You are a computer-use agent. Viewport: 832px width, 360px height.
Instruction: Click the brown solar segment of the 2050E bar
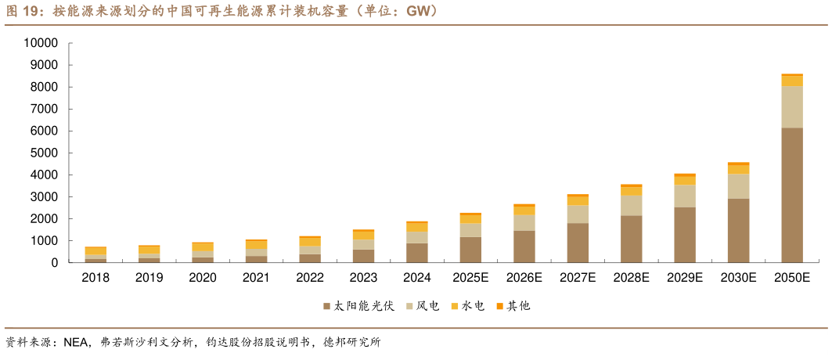[792, 195]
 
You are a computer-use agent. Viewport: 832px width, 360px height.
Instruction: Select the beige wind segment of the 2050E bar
[792, 106]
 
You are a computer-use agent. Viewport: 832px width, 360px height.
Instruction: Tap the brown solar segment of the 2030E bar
[738, 231]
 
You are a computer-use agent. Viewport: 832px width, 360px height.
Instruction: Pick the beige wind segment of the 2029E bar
[685, 196]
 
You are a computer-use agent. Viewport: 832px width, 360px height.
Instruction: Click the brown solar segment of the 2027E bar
[578, 243]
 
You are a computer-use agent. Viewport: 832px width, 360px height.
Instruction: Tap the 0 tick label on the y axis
[55, 263]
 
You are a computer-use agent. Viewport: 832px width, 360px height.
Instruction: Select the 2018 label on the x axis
[95, 278]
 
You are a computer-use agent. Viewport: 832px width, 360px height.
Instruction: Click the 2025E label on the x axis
[470, 278]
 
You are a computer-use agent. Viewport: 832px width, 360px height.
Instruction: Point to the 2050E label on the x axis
[791, 278]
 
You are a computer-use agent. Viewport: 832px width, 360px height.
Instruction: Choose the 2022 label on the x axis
[310, 278]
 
